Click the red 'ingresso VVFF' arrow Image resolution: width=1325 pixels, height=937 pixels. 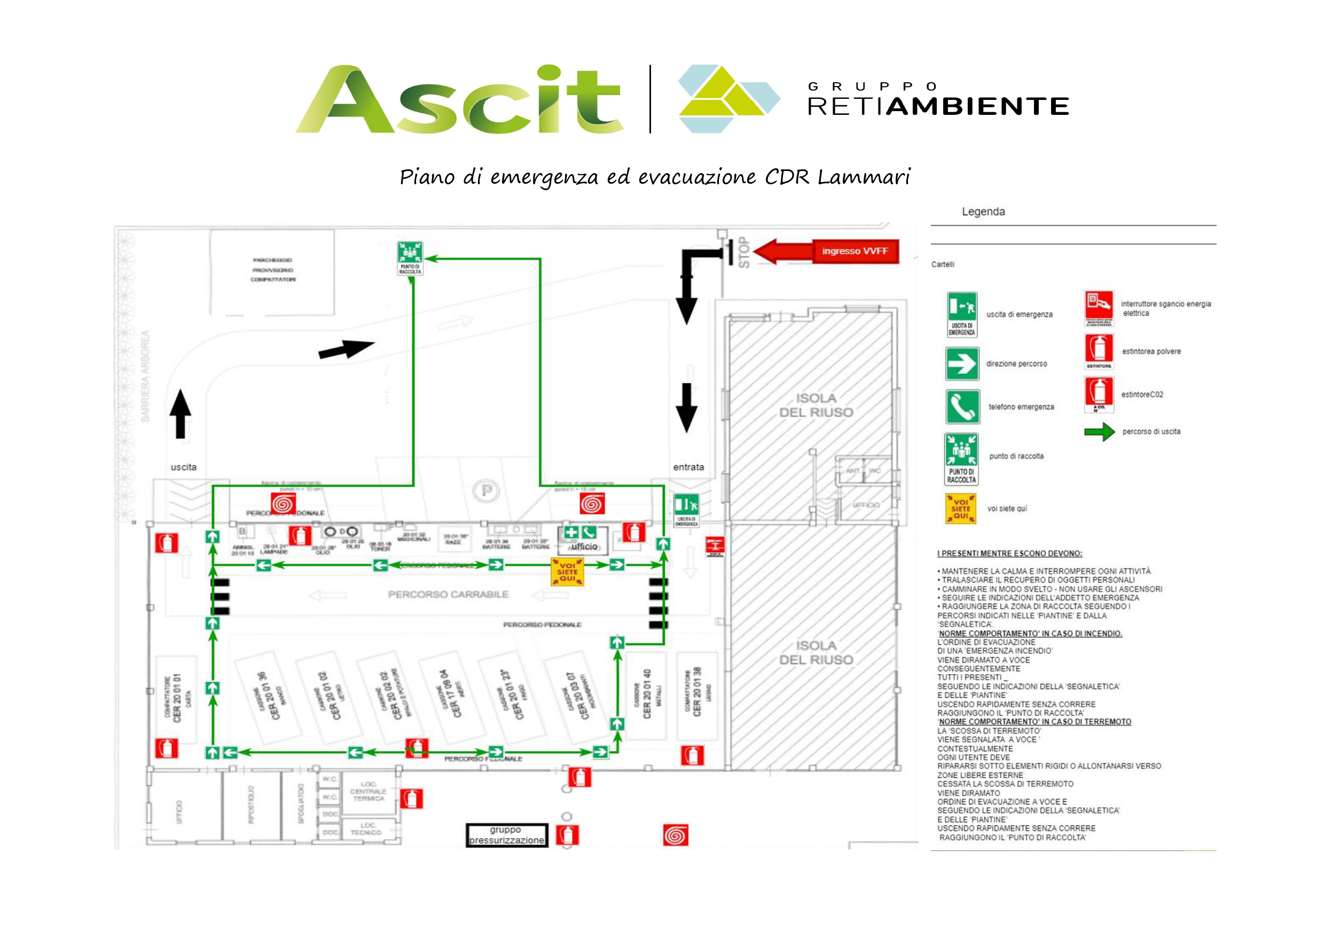click(x=826, y=251)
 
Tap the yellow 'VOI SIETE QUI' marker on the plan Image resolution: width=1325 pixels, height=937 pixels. click(x=567, y=572)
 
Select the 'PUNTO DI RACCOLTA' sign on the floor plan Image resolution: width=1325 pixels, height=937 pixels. click(x=410, y=258)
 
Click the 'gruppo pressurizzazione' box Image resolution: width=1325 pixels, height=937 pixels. click(x=506, y=835)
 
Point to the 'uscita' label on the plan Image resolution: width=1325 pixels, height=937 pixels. click(x=184, y=467)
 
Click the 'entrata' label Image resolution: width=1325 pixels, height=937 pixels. click(x=688, y=467)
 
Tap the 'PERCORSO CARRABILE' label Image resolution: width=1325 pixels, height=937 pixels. click(x=448, y=594)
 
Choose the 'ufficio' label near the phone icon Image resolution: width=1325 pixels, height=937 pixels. click(x=584, y=546)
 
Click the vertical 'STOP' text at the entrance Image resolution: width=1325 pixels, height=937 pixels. click(x=744, y=252)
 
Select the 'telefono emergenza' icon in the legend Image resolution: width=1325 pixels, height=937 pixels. click(x=962, y=407)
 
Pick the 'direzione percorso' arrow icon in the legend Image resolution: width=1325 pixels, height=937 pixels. click(x=962, y=364)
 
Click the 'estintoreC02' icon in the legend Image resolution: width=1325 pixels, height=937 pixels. click(x=1099, y=395)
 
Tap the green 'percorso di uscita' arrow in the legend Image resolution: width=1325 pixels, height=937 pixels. click(x=1099, y=432)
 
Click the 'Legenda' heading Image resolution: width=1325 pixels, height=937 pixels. click(x=983, y=212)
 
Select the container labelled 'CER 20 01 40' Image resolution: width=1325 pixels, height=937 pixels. click(x=646, y=695)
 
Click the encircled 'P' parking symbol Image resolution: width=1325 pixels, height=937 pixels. click(x=487, y=491)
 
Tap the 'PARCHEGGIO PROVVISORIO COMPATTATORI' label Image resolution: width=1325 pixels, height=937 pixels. click(x=272, y=270)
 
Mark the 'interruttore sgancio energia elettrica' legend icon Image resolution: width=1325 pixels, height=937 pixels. click(x=1098, y=309)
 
